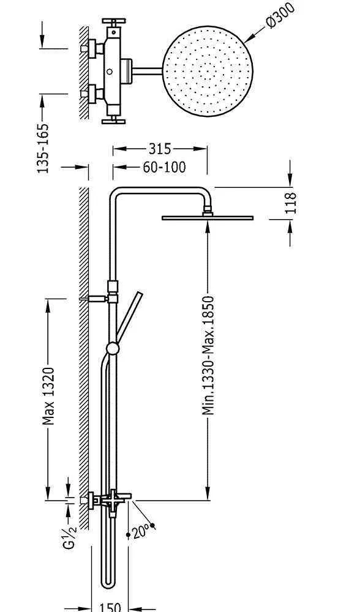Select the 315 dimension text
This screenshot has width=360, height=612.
pos(160,149)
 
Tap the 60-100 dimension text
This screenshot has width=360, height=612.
pos(164,168)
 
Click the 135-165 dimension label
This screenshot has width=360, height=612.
pos(43,148)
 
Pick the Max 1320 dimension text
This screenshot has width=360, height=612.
pos(49,396)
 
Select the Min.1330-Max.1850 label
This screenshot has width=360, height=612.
pos(209,355)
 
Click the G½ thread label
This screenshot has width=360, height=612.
pos(70,537)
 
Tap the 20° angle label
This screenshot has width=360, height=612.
pos(140,532)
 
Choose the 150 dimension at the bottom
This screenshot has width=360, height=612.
pos(110,607)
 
